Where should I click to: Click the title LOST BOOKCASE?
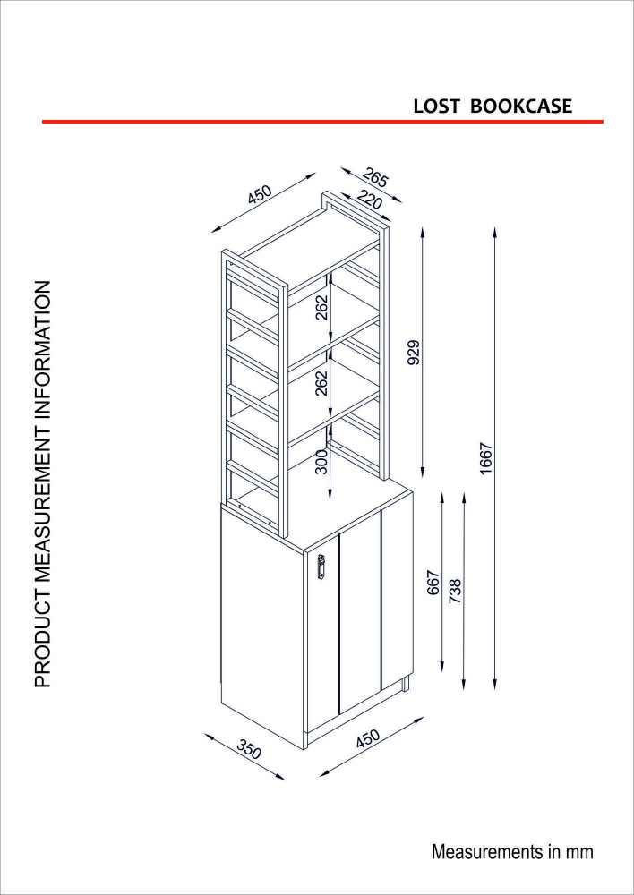(493, 107)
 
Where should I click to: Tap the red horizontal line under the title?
(322, 122)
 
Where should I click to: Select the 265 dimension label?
(374, 179)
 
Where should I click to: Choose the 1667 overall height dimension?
(486, 457)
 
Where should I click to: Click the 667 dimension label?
(434, 583)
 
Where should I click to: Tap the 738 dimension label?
(455, 591)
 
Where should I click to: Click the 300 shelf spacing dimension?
(321, 461)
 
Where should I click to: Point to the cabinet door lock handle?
(321, 567)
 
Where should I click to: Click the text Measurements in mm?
(512, 852)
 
